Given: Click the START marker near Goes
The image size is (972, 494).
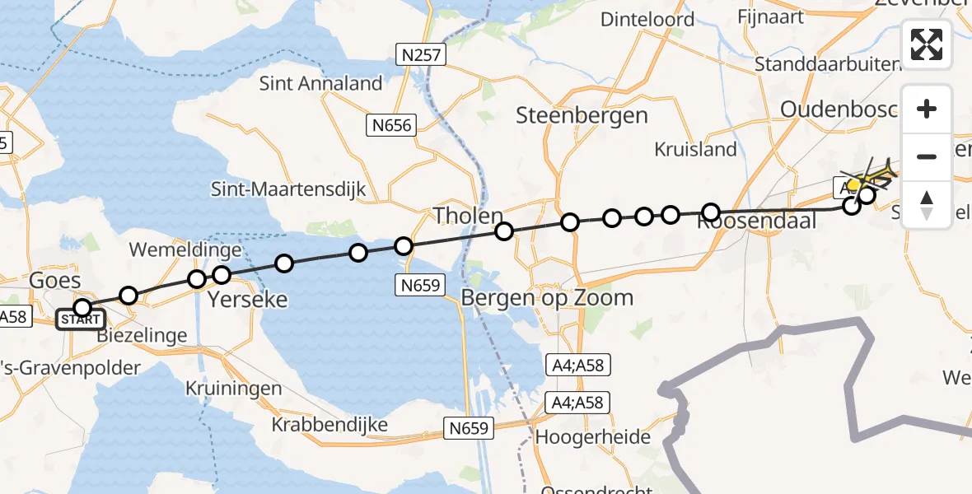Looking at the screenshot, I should [80, 319].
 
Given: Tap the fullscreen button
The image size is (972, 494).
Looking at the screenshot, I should [927, 44].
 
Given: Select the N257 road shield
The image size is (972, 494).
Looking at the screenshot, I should [420, 56].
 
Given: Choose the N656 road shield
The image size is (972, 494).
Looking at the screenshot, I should [391, 125].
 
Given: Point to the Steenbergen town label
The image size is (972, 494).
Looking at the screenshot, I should [582, 115].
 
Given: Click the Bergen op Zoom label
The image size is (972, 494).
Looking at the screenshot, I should [547, 297].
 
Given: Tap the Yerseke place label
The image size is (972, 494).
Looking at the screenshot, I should [248, 299].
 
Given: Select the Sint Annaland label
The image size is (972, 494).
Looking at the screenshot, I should [320, 83].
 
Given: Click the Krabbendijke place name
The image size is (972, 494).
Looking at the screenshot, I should [329, 424].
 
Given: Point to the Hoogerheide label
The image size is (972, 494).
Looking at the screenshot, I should [592, 437].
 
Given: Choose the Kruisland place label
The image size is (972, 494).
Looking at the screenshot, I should [695, 149].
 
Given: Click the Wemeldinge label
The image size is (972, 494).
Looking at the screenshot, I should [185, 249].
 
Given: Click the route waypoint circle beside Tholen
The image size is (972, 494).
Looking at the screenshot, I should [504, 231].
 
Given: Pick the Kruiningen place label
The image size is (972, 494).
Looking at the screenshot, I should [233, 388].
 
